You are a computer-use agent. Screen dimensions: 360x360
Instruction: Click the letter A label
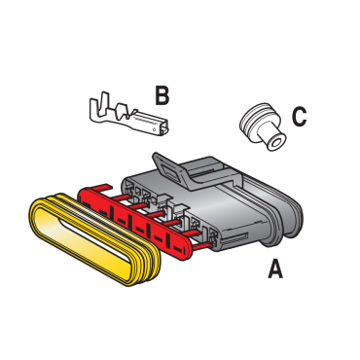pyautogui.click(x=275, y=269)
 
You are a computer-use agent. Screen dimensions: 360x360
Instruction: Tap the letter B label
pyautogui.click(x=162, y=95)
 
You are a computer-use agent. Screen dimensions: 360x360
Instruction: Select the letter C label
pyautogui.click(x=299, y=117)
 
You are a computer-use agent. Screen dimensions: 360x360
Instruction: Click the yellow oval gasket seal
pyautogui.click(x=94, y=239)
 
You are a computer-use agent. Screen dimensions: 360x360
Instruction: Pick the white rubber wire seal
pyautogui.click(x=263, y=126)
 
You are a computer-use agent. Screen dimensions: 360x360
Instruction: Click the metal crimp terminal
pyautogui.click(x=129, y=114)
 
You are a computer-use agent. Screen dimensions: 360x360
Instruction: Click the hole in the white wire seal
pyautogui.click(x=276, y=143)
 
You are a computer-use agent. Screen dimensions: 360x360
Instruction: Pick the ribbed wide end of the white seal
pyautogui.click(x=254, y=122)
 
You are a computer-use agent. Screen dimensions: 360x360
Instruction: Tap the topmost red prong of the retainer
pyautogui.click(x=101, y=188)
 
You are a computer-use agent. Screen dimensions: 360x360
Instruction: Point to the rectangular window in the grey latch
pyautogui.click(x=169, y=169)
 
